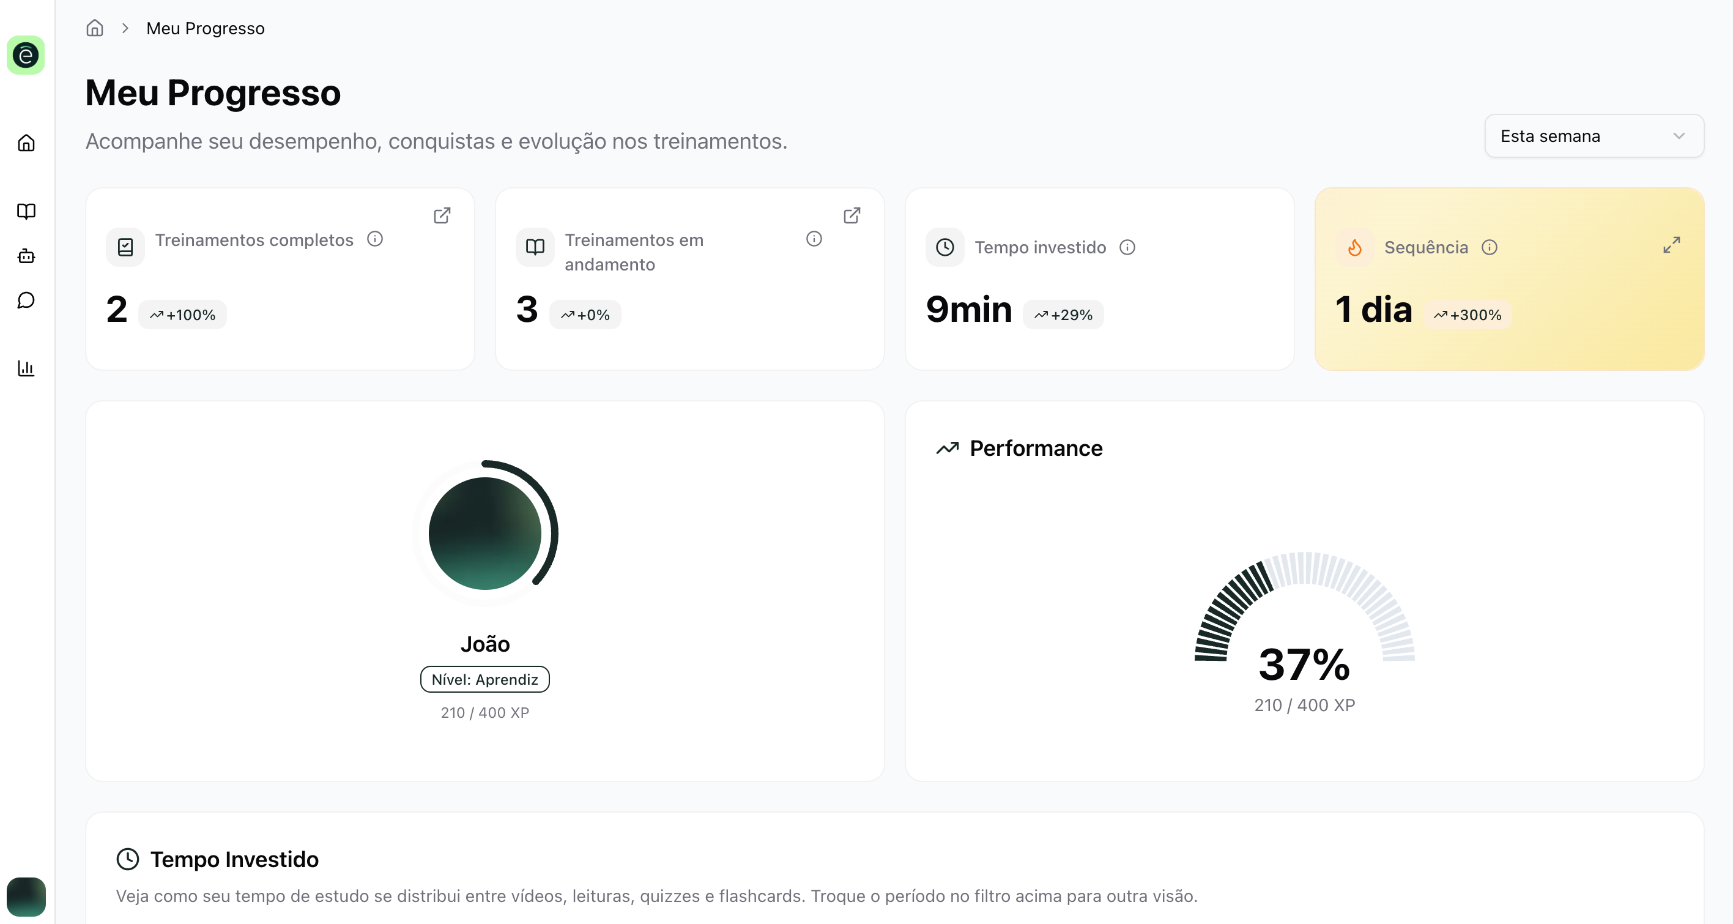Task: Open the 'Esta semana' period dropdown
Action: pyautogui.click(x=1593, y=136)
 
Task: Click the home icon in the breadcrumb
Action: pyautogui.click(x=95, y=28)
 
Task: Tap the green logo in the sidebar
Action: pyautogui.click(x=26, y=55)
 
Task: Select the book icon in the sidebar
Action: pyautogui.click(x=26, y=211)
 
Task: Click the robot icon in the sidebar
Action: pyautogui.click(x=26, y=256)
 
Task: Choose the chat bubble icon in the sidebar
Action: pyautogui.click(x=26, y=300)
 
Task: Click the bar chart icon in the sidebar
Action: pyautogui.click(x=26, y=368)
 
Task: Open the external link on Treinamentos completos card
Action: pyautogui.click(x=442, y=215)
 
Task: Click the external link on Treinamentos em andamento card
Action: pyautogui.click(x=852, y=215)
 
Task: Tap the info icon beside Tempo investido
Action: pyautogui.click(x=1127, y=248)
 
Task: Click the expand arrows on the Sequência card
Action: pyautogui.click(x=1671, y=245)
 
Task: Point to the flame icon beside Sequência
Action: pyautogui.click(x=1355, y=248)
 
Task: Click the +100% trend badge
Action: pyautogui.click(x=182, y=315)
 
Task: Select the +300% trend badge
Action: pyautogui.click(x=1468, y=315)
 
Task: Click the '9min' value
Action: pyautogui.click(x=969, y=310)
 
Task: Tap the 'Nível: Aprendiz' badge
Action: pyautogui.click(x=484, y=679)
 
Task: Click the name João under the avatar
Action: pyautogui.click(x=484, y=644)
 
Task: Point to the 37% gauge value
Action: pyautogui.click(x=1304, y=664)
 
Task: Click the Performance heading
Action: pyautogui.click(x=1036, y=448)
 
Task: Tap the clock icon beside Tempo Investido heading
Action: pyautogui.click(x=128, y=859)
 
